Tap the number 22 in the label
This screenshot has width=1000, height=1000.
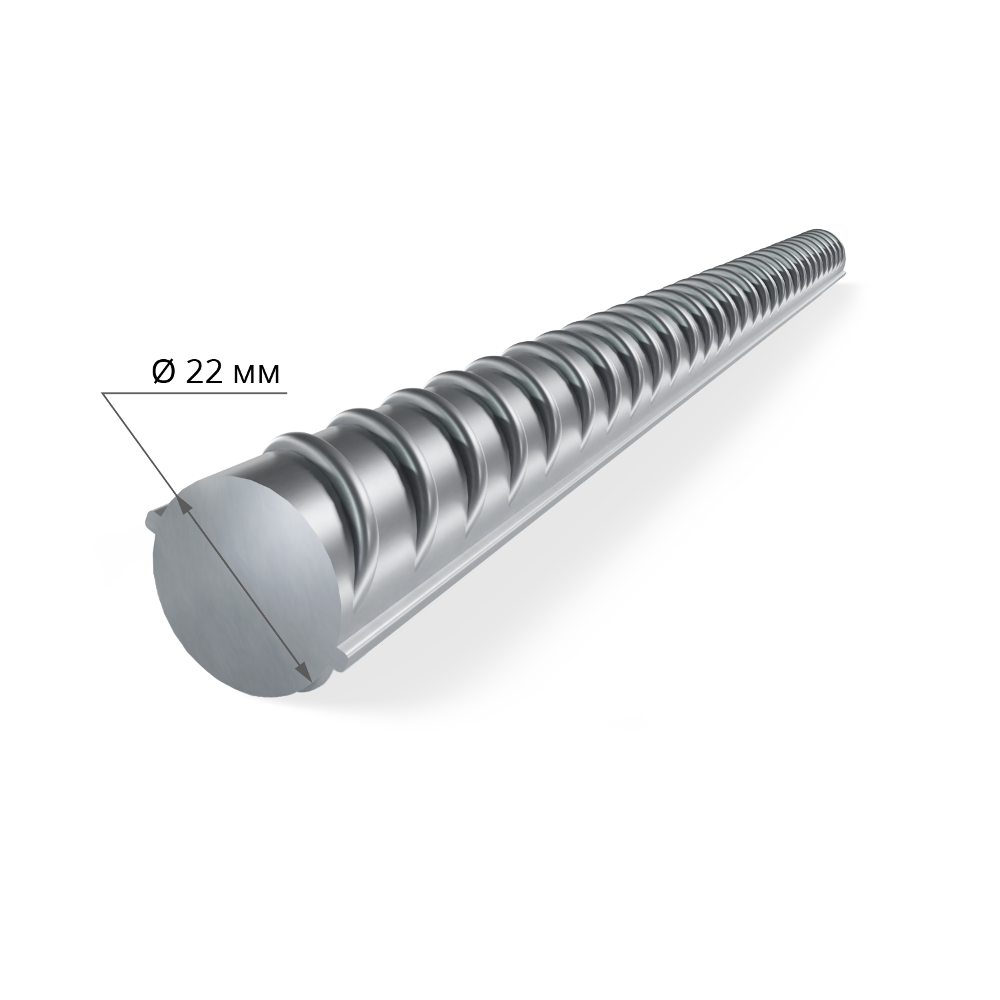point(205,374)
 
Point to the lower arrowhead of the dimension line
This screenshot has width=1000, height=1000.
point(305,672)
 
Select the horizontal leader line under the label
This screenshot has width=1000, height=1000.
point(194,393)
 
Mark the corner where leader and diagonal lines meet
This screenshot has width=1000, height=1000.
point(102,393)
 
